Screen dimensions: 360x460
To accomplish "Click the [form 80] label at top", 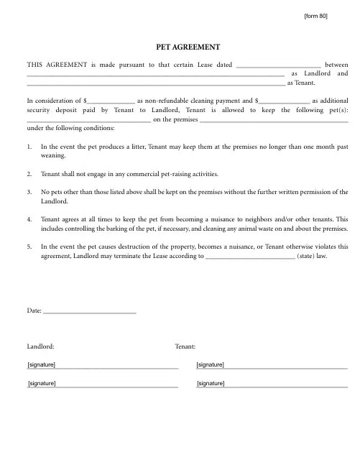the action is [315, 16].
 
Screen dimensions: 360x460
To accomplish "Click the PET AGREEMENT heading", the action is [187, 47].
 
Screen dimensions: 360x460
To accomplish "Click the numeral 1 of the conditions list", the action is [29, 146].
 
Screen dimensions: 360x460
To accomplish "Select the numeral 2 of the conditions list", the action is [29, 174].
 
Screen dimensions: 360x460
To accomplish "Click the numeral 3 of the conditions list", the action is [29, 192].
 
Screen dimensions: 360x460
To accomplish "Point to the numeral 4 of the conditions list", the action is [29, 218].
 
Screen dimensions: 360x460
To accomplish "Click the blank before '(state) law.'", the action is [249, 255].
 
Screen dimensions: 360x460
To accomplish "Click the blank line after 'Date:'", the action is [90, 310].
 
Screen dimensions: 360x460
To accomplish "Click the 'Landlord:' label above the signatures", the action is [40, 346].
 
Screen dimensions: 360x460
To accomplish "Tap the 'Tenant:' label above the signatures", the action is [185, 346].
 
